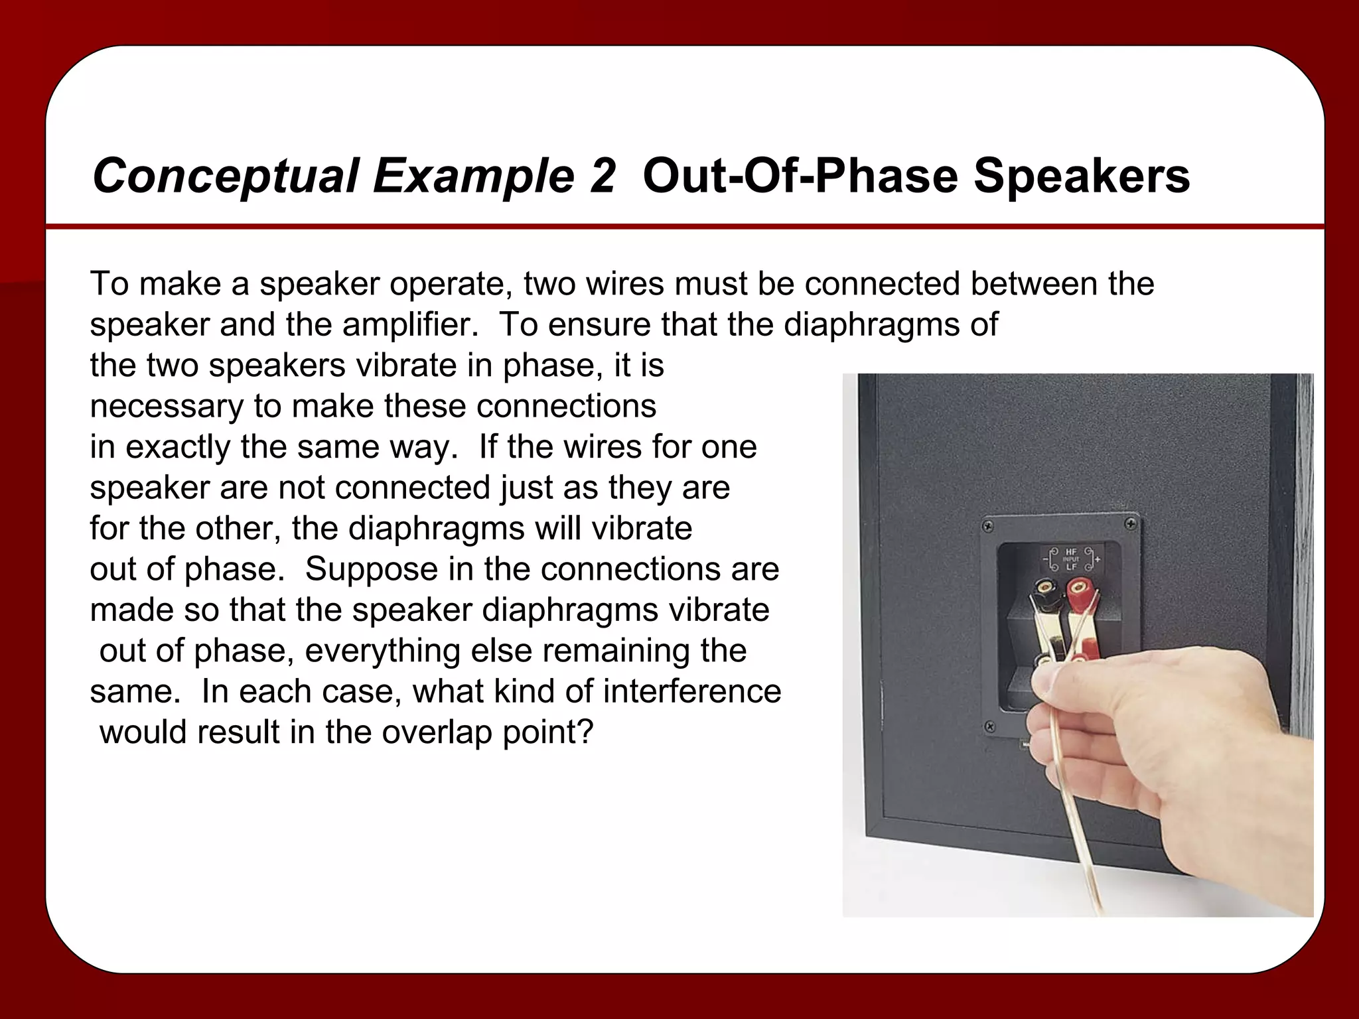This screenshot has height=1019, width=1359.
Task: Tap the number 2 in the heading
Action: [601, 176]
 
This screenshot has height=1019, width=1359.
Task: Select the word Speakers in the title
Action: [1081, 176]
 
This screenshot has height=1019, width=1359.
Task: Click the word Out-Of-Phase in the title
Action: [800, 176]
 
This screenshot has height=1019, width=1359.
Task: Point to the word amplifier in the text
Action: [409, 325]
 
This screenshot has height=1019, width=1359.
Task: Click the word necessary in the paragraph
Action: [167, 406]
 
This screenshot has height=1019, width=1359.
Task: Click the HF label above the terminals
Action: [1071, 551]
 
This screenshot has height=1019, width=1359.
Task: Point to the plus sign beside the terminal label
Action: [1097, 560]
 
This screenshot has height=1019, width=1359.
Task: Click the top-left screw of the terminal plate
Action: [988, 527]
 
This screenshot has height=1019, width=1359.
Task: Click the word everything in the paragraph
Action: [381, 651]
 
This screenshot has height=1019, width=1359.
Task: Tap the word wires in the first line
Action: [627, 284]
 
